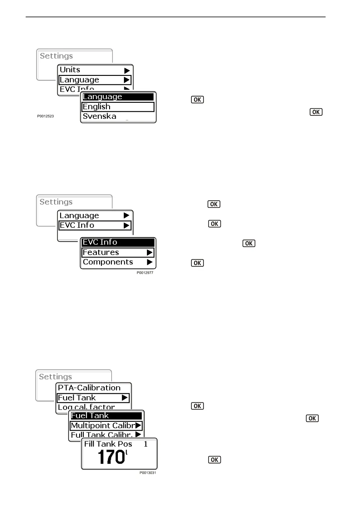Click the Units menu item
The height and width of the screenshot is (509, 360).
tap(70, 70)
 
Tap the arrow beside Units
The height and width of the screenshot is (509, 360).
tap(127, 71)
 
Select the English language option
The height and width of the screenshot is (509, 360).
tap(96, 107)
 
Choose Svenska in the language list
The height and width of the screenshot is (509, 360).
tap(99, 116)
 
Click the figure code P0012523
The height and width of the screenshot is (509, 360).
tap(46, 116)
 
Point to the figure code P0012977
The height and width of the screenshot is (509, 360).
tap(145, 273)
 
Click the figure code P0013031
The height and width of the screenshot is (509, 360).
tap(148, 473)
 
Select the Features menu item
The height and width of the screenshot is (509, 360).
tap(101, 252)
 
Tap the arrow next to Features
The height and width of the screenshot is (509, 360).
tap(150, 252)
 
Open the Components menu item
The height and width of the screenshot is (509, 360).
tap(108, 262)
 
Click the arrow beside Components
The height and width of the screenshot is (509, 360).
tap(150, 262)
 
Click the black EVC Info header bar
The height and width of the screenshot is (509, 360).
tap(118, 242)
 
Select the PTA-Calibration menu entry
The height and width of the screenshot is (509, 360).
tap(89, 388)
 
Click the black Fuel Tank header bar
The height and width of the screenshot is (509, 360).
tap(106, 416)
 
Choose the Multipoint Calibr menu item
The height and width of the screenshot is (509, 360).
tap(103, 426)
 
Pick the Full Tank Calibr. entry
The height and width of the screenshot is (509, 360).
tap(102, 435)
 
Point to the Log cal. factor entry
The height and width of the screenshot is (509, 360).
tap(86, 407)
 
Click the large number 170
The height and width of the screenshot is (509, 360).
tap(111, 457)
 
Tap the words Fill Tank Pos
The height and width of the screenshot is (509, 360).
tap(108, 444)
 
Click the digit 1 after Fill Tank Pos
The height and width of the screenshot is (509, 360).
tap(146, 444)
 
